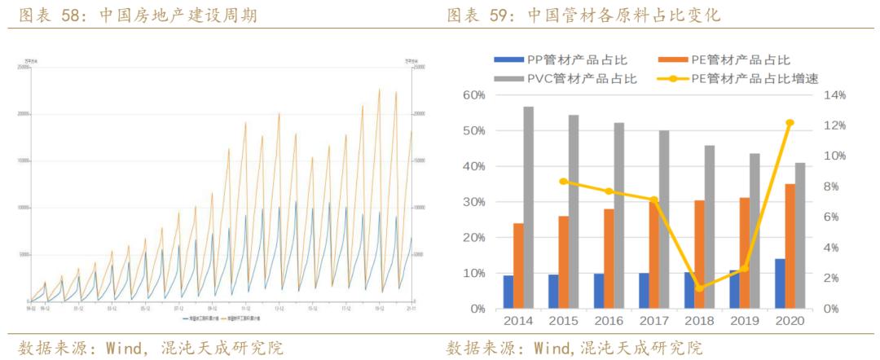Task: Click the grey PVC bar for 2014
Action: tap(529, 208)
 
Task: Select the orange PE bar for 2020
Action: tap(790, 246)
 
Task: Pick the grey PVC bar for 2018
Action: tap(710, 227)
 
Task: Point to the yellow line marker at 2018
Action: tap(699, 288)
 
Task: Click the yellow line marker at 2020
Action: tap(790, 123)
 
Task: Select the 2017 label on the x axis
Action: tap(654, 321)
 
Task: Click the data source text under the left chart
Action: tap(151, 349)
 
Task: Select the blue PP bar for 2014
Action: tap(508, 292)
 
